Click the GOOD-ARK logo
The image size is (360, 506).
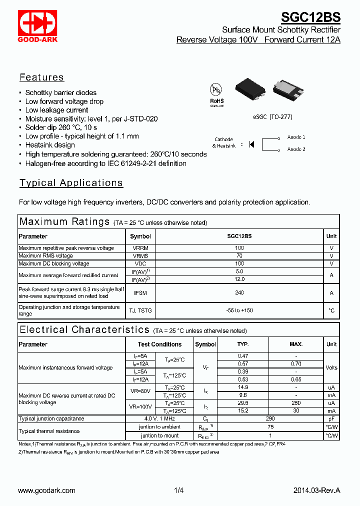pos(37,25)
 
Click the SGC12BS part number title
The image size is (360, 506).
pos(310,17)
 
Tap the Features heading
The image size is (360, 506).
pos(41,77)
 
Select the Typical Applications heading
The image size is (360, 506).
pos(71,183)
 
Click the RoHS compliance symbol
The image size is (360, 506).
pos(216,94)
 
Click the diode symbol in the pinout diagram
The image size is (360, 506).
pos(251,144)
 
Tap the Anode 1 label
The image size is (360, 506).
pos(296,137)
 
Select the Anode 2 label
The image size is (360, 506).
pos(296,149)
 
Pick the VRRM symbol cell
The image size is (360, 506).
pos(140,248)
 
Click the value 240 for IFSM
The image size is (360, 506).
pos(239,293)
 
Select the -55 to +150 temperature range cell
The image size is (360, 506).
pos(239,310)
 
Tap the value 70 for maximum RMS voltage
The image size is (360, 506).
pos(239,256)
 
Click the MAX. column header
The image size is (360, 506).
pos(296,344)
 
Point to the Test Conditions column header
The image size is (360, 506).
pos(159,344)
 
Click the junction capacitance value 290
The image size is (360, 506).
pos(270,419)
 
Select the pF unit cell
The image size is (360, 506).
pos(331,419)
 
